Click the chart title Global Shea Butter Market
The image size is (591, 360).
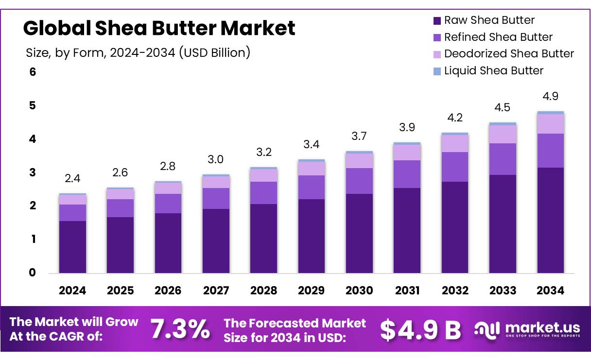coord(159,28)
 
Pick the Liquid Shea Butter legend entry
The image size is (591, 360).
coord(493,71)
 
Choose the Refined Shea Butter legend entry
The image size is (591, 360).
coord(498,37)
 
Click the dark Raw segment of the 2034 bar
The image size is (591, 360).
coord(551,220)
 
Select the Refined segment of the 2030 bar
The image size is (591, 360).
coord(360,181)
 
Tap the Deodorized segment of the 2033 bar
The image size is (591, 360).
coord(503,134)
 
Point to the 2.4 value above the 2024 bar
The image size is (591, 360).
coord(72,179)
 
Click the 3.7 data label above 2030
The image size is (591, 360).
coord(360,137)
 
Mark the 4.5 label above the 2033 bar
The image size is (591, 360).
coord(503,107)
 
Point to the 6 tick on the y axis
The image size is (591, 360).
coord(33,72)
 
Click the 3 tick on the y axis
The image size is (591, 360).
coord(33,172)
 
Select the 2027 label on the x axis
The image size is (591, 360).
coord(216,291)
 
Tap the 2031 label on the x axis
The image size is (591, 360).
coord(407,291)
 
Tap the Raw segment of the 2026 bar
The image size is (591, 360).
coord(168,243)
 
